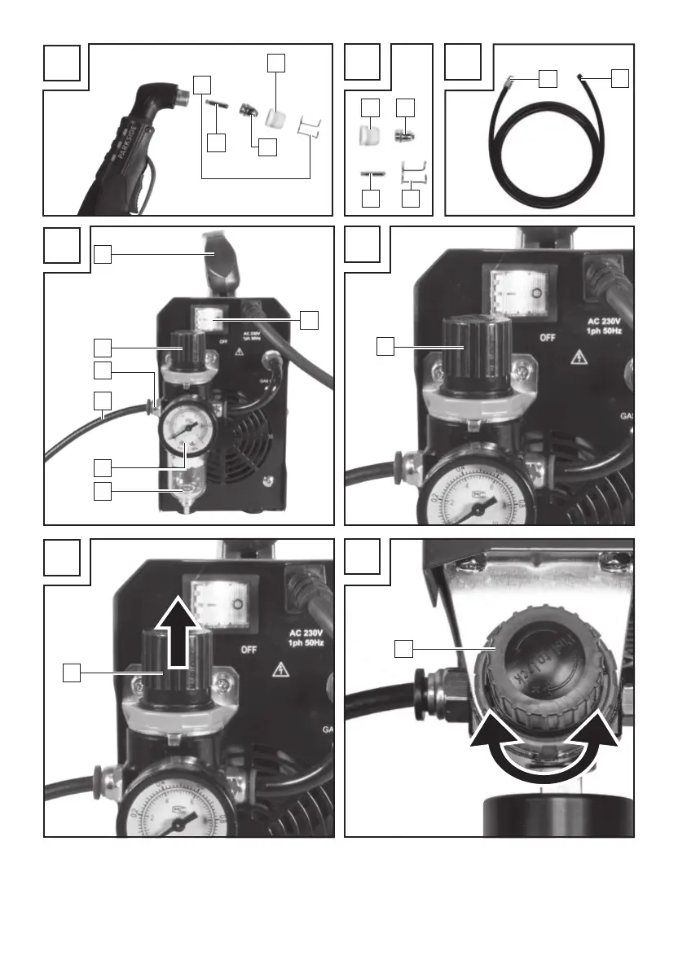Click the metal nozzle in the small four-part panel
coord(403,133)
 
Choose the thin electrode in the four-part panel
coord(372,173)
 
